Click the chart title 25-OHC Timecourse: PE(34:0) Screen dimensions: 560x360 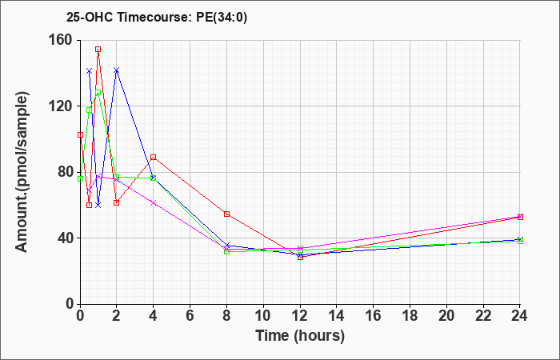point(157,18)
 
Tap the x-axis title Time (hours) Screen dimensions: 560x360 point(300,336)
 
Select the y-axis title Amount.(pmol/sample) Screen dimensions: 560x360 point(22,172)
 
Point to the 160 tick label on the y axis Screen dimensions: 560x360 point(64,40)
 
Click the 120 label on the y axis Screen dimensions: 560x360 point(64,106)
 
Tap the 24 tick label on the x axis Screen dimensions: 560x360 point(519,316)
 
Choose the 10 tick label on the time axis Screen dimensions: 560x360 point(263,316)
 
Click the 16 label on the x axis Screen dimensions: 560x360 point(374,316)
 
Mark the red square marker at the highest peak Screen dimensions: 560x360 point(98,50)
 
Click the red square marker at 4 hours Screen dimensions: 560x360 point(154,157)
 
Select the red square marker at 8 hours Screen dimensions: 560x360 point(226,214)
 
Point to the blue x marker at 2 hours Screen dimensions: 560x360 point(117,70)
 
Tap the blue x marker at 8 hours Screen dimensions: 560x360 point(226,246)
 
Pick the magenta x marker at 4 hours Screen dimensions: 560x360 point(154,203)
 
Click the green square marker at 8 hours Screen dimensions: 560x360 point(226,251)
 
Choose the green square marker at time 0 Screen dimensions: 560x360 point(80,178)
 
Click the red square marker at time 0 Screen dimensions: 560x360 point(80,134)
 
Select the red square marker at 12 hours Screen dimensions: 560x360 point(300,257)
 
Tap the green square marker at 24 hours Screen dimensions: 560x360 point(520,241)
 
